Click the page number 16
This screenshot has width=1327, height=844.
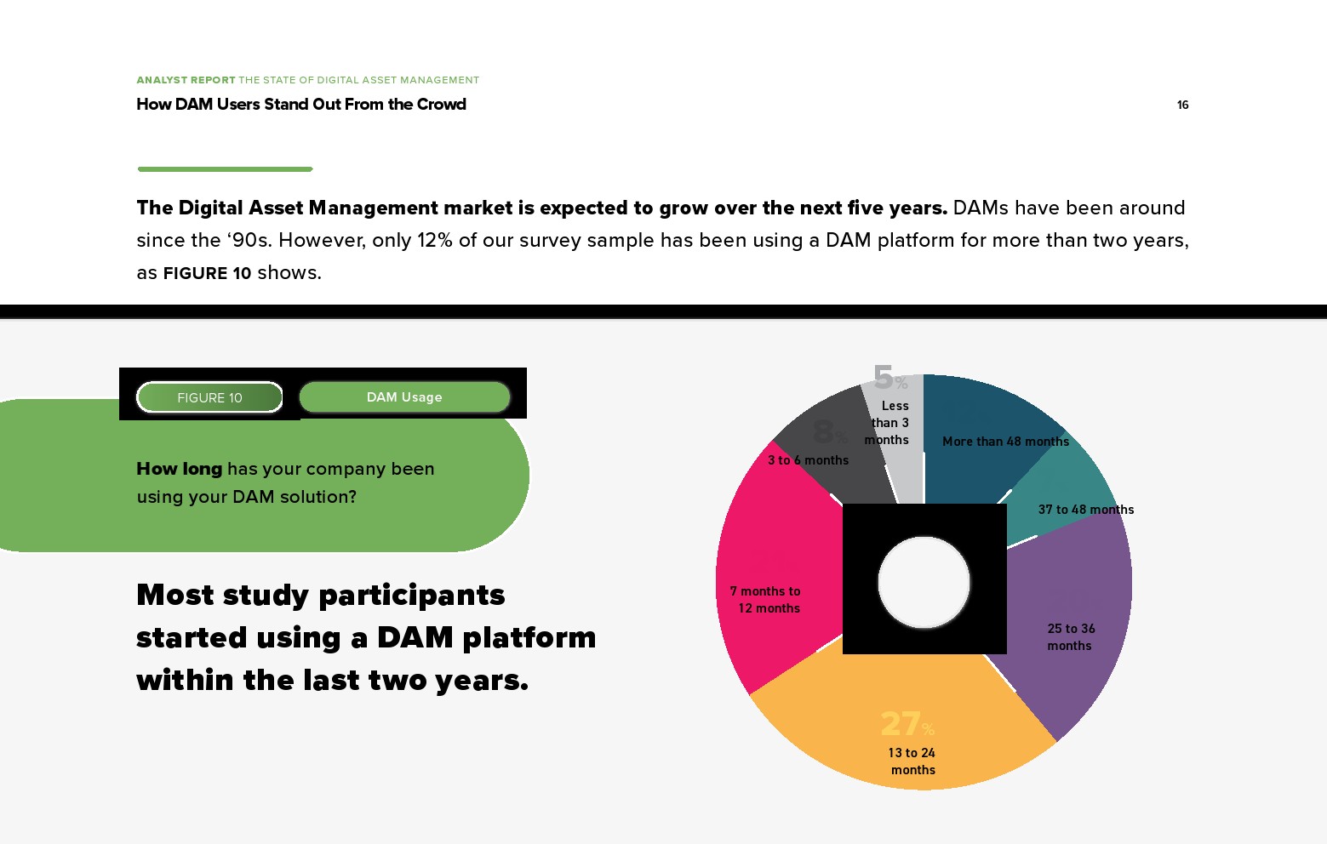pyautogui.click(x=1182, y=105)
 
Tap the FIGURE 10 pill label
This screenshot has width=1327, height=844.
pyautogui.click(x=209, y=397)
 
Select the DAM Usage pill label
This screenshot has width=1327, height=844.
pyautogui.click(x=404, y=397)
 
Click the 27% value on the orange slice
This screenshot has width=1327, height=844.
pyautogui.click(x=907, y=724)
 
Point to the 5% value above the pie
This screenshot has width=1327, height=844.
pyautogui.click(x=889, y=377)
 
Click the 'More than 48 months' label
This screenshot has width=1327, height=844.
pyautogui.click(x=1005, y=442)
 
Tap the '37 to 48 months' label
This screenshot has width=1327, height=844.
pyautogui.click(x=1085, y=510)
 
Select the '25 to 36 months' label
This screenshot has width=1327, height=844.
pyautogui.click(x=1071, y=637)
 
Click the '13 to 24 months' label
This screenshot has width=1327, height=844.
pyautogui.click(x=912, y=761)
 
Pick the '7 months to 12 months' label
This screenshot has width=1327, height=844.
pyautogui.click(x=766, y=600)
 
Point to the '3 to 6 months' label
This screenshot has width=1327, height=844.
pyautogui.click(x=808, y=460)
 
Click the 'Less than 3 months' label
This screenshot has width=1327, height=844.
pyautogui.click(x=889, y=423)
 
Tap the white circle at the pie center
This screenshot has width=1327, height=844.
pyautogui.click(x=924, y=582)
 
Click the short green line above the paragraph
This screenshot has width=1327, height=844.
pyautogui.click(x=225, y=169)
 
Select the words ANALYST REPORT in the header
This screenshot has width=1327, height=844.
pyautogui.click(x=186, y=80)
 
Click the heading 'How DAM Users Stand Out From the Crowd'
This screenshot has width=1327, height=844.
pyautogui.click(x=301, y=105)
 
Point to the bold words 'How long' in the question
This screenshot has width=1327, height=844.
pyautogui.click(x=180, y=469)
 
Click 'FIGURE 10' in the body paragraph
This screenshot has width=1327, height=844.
pyautogui.click(x=207, y=273)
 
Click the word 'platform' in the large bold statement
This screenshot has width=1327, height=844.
pyautogui.click(x=529, y=637)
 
